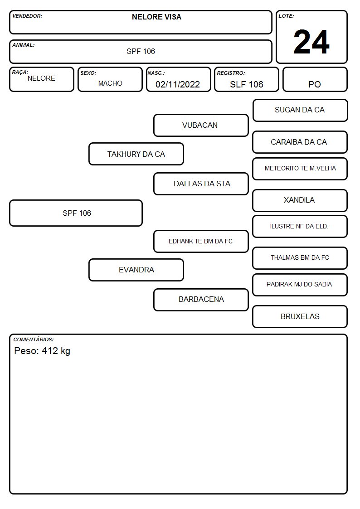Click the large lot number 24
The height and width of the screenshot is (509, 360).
[x=311, y=42]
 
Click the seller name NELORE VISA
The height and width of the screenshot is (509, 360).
[x=156, y=17]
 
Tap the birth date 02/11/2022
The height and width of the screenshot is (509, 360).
[x=178, y=84]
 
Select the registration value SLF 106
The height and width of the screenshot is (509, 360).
[x=246, y=84]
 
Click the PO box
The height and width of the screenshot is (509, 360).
[x=315, y=79]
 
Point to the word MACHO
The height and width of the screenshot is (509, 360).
[x=110, y=83]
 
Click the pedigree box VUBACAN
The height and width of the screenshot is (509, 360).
[x=201, y=125]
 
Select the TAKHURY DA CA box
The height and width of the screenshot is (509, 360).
[x=136, y=154]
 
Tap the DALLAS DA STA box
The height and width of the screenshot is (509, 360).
[x=201, y=184]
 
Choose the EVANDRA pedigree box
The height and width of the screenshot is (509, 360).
[x=136, y=270]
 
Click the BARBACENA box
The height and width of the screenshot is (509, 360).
[x=201, y=300]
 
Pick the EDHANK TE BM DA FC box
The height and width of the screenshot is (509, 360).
[x=201, y=242]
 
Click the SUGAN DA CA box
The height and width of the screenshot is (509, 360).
[x=300, y=111]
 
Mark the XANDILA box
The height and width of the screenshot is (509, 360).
[x=300, y=201]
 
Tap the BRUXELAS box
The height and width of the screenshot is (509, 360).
[x=300, y=316]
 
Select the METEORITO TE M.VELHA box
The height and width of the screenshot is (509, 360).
[x=300, y=169]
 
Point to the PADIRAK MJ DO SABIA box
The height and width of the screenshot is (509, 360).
[x=300, y=285]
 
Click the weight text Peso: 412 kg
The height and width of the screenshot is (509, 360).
[x=42, y=351]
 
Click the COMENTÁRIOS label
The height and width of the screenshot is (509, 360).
[x=34, y=339]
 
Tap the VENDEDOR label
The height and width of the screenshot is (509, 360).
[x=27, y=16]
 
